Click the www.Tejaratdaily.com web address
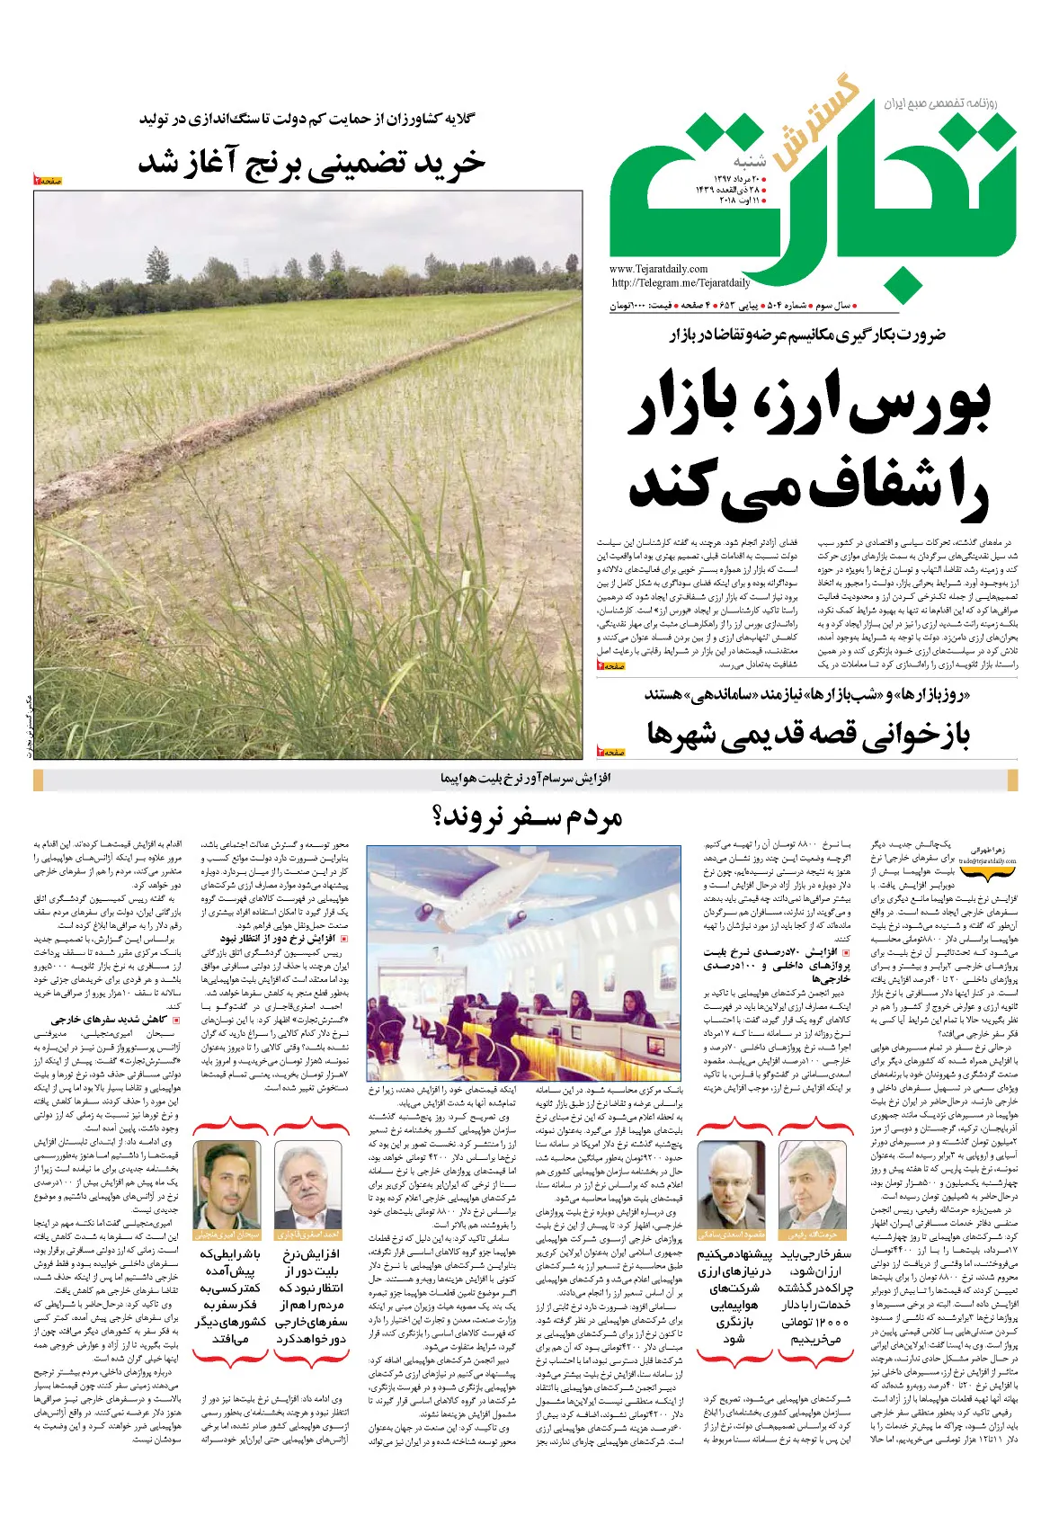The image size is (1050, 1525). pos(658,269)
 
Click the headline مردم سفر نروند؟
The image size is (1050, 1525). pos(527,817)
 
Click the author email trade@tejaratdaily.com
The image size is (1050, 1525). pos(986,861)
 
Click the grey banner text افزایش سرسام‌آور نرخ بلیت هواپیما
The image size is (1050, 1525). pos(526,778)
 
